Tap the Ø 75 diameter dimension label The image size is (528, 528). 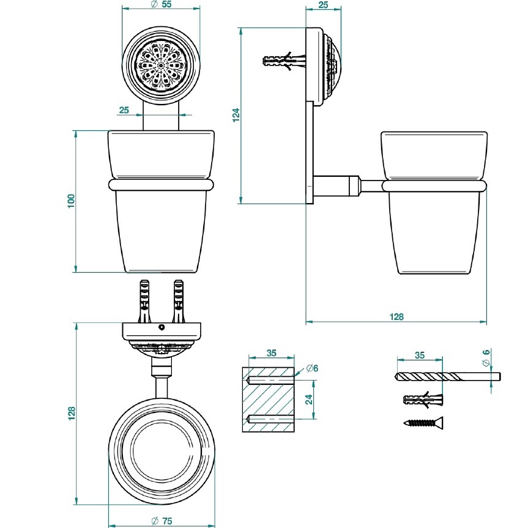[161, 520]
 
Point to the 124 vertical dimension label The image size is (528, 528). [236, 116]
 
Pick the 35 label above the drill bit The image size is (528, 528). [419, 355]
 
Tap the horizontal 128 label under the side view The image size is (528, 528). [396, 317]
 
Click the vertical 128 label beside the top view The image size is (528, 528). [71, 414]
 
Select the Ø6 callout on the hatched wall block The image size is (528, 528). [310, 368]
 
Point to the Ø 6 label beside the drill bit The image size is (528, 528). [486, 357]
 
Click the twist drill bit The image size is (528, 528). [448, 375]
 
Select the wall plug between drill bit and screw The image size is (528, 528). [423, 400]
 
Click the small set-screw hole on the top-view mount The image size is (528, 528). [162, 328]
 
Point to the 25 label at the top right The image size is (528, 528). [324, 4]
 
